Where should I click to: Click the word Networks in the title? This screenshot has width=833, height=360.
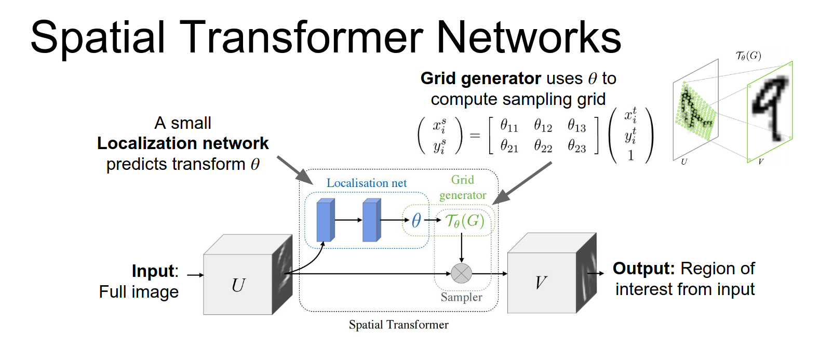(529, 37)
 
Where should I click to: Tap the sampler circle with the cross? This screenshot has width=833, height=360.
(461, 273)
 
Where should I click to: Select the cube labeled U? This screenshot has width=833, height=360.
(238, 284)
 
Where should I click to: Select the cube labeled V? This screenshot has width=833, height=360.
(541, 282)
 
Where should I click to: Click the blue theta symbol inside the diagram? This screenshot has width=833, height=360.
(416, 220)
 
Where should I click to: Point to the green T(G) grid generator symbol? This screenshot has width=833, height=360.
(465, 221)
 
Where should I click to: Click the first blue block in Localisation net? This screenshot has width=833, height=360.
(325, 220)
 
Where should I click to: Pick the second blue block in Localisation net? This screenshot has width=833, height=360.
(371, 220)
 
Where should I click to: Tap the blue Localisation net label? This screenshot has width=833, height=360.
(366, 183)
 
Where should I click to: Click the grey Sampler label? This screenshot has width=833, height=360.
(461, 297)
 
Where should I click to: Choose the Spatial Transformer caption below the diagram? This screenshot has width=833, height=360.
(398, 325)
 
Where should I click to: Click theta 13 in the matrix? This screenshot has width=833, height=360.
(576, 126)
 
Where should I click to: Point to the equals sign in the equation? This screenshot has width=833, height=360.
(475, 136)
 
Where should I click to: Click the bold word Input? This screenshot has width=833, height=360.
(153, 271)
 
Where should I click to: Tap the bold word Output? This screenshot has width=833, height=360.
(643, 269)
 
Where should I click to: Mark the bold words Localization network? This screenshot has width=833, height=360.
(183, 143)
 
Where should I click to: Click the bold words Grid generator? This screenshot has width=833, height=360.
(481, 78)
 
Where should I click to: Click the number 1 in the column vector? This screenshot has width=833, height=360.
(630, 155)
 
